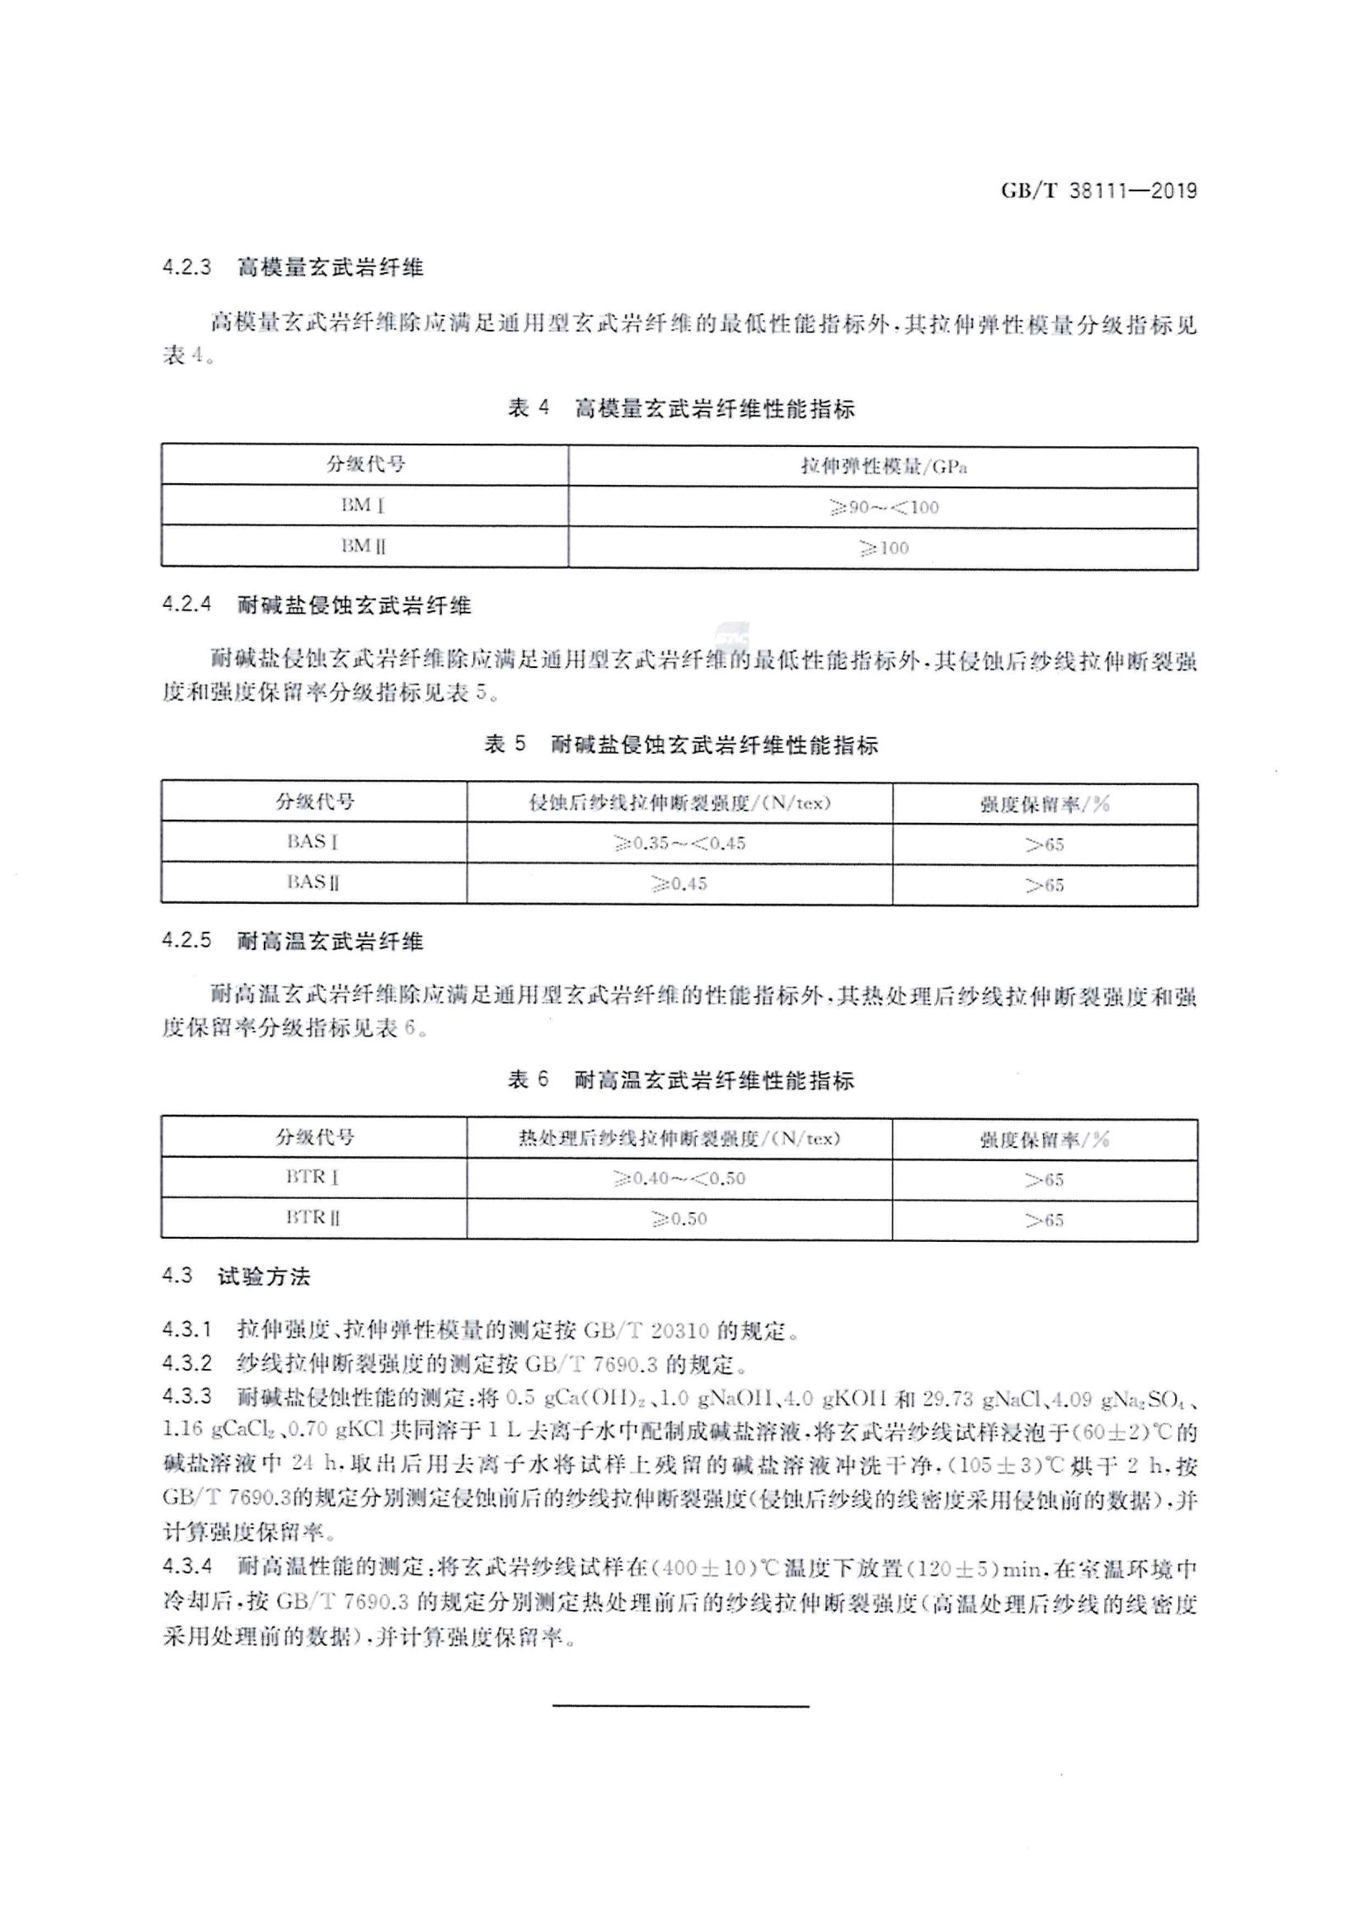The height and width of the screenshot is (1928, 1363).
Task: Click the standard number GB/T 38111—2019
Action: pos(1098,190)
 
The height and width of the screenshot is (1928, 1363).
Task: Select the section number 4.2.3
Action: pos(186,268)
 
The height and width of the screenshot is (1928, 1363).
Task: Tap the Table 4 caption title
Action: pos(681,409)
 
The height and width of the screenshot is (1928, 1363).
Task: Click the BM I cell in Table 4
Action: pos(364,506)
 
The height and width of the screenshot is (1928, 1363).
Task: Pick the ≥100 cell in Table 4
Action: pos(883,548)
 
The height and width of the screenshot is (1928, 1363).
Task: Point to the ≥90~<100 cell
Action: pos(883,507)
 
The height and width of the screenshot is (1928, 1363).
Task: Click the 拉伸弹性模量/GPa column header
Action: pos(883,466)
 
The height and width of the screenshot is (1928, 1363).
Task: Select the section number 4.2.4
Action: pos(186,604)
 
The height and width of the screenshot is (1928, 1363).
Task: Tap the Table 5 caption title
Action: pos(681,745)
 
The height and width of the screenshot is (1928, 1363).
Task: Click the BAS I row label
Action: pos(313,842)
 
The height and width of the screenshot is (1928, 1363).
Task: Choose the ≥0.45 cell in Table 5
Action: pos(679,884)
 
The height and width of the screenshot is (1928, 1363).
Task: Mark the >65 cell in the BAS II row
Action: pos(1045,885)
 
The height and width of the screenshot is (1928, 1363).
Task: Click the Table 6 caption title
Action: pos(681,1080)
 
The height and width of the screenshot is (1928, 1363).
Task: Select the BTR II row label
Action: pos(313,1218)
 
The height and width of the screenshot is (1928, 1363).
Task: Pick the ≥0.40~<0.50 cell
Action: pos(679,1179)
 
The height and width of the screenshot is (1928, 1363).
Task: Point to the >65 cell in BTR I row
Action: pos(1045,1180)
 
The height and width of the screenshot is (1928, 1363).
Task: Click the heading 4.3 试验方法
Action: pos(236,1277)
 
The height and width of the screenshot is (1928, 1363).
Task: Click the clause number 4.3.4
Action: pos(186,1566)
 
